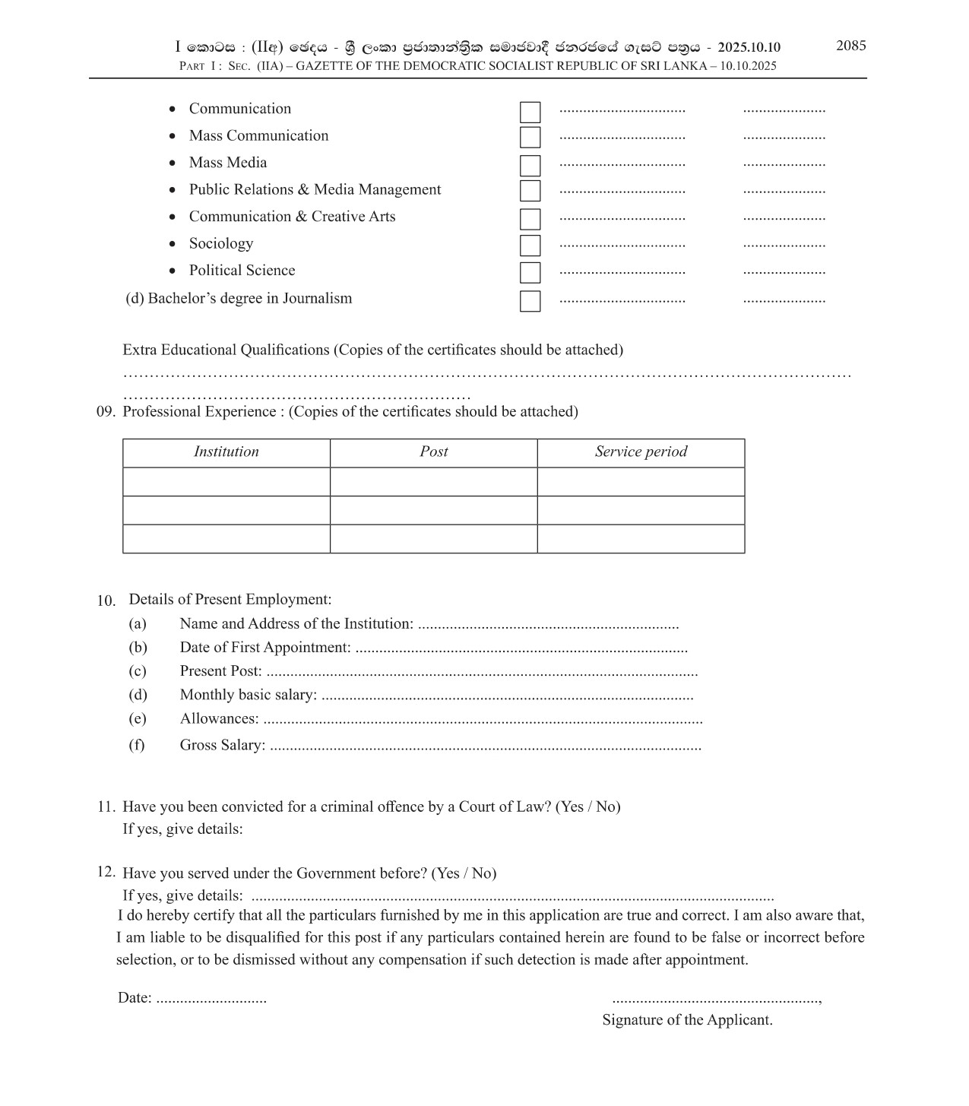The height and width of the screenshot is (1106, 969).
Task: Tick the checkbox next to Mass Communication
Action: (x=530, y=138)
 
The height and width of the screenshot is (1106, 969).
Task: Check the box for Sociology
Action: (x=530, y=246)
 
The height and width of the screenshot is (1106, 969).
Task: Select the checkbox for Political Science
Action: (x=530, y=272)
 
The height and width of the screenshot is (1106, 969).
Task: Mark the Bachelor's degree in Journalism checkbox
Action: (x=530, y=301)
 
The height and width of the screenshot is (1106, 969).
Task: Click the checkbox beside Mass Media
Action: (x=530, y=165)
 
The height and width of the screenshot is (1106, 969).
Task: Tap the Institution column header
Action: (x=226, y=452)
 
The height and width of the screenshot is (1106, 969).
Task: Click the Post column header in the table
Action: (x=433, y=452)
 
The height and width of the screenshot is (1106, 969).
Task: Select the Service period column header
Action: (x=641, y=452)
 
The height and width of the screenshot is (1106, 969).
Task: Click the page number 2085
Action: (x=850, y=46)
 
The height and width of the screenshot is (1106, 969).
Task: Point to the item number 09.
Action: (x=106, y=412)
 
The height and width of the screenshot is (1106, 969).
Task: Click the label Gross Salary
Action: (x=222, y=745)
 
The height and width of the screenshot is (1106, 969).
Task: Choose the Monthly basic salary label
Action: (x=248, y=695)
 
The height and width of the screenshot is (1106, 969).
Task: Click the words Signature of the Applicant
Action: (x=687, y=1020)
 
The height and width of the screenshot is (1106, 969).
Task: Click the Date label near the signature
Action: (x=134, y=998)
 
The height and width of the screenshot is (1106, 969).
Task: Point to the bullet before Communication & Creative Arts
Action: (x=173, y=217)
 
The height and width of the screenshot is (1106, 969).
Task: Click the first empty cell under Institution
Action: (x=226, y=482)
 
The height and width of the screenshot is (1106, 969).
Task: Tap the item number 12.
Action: (x=106, y=872)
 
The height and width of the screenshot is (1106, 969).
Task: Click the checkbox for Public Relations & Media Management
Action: (x=530, y=191)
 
